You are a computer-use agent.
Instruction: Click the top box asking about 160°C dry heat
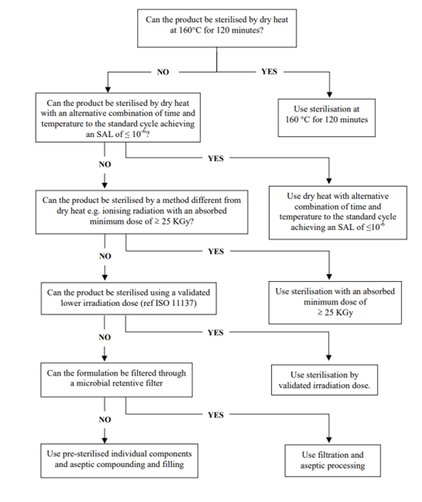(217, 28)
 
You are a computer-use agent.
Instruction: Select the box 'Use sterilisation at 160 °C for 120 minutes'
(326, 118)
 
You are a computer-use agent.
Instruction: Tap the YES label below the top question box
(269, 71)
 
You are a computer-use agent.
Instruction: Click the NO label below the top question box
(163, 72)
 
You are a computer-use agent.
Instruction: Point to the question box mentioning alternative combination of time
(118, 118)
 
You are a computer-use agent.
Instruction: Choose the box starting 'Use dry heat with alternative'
(338, 212)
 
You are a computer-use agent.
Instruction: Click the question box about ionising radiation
(142, 212)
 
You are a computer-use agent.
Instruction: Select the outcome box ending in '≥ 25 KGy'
(335, 303)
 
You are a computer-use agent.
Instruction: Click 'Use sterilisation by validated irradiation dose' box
(324, 380)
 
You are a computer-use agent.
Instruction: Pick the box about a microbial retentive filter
(116, 380)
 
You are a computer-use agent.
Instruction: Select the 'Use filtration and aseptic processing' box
(333, 460)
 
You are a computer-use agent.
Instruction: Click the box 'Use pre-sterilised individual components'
(119, 460)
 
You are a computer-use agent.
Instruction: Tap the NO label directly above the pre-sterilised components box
(105, 419)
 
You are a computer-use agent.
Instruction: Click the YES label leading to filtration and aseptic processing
(215, 415)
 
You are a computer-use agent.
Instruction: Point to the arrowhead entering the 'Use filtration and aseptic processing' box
(329, 440)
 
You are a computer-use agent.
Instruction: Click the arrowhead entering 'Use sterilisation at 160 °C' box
(329, 95)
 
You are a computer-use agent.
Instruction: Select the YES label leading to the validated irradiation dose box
(215, 332)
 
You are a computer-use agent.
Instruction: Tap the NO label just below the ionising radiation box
(105, 256)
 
